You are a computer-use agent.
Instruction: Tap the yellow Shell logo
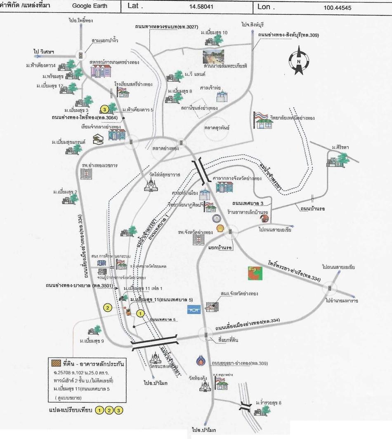click(x=220, y=228)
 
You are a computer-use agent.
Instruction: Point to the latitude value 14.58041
click(x=205, y=7)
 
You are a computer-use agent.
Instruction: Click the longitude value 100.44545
click(x=338, y=7)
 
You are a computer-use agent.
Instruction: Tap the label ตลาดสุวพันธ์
click(x=217, y=128)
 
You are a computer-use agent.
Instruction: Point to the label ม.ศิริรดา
click(x=340, y=147)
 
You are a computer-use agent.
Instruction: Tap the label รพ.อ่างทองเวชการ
click(x=100, y=166)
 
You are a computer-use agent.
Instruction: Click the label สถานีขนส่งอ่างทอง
click(x=199, y=108)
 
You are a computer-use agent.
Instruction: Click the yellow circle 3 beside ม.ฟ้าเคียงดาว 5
click(x=105, y=109)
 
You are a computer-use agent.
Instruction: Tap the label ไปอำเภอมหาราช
click(x=342, y=301)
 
